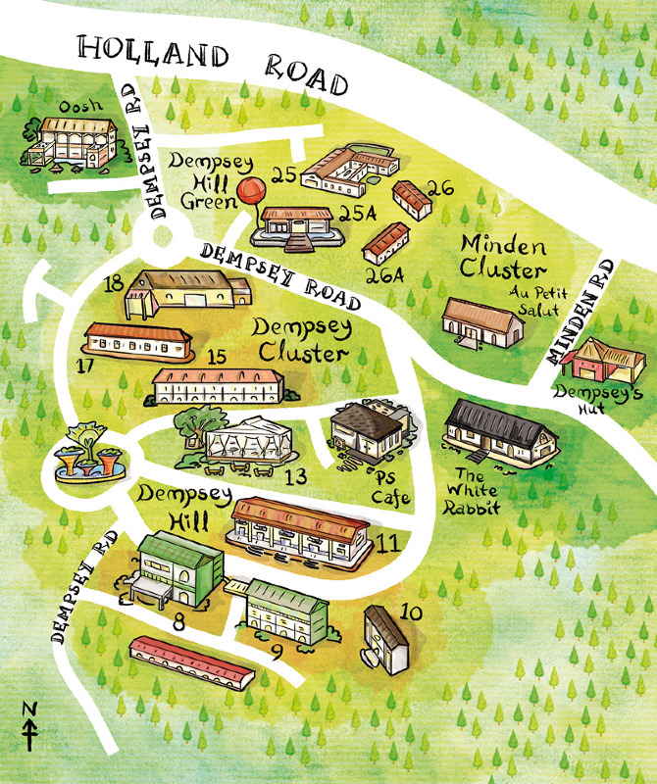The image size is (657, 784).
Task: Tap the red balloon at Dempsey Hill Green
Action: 250,190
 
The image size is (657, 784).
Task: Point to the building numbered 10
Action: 386,640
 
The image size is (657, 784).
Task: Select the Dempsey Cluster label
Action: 300,339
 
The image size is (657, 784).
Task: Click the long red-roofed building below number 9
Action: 192,661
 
